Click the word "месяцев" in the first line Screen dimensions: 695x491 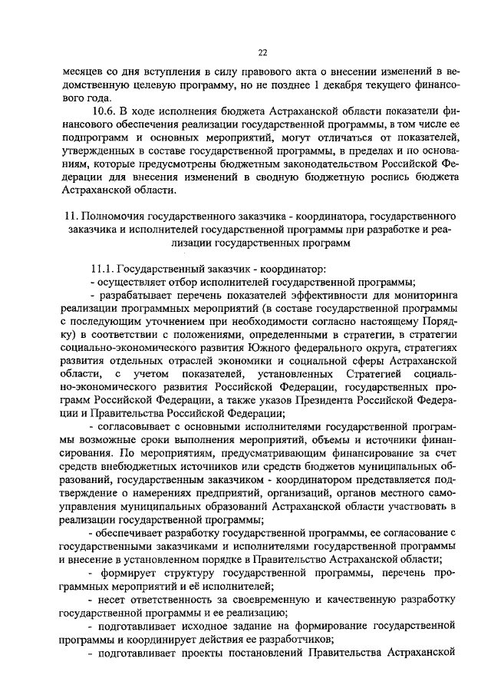tap(84, 71)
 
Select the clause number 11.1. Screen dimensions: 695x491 tap(103, 269)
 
